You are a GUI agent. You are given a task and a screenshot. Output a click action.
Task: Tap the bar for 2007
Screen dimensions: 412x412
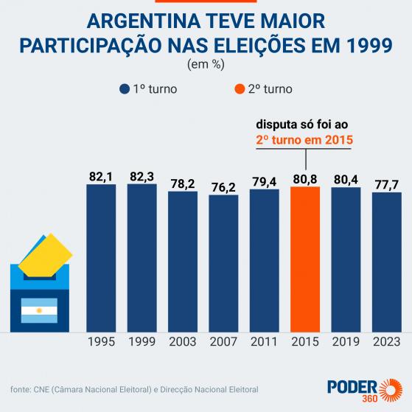point(223,263)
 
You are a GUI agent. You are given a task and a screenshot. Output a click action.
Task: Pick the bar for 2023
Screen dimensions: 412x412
point(386,262)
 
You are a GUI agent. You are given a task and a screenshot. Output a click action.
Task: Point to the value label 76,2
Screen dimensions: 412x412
point(223,185)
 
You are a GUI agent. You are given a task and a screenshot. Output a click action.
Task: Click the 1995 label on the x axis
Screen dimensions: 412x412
point(101,343)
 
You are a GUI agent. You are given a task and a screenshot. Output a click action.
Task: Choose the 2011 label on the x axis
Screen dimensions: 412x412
point(264,343)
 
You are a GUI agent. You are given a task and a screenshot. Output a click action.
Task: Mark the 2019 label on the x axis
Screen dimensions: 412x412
point(346,343)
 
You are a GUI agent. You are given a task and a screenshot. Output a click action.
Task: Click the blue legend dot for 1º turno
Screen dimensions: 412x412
point(124,89)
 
